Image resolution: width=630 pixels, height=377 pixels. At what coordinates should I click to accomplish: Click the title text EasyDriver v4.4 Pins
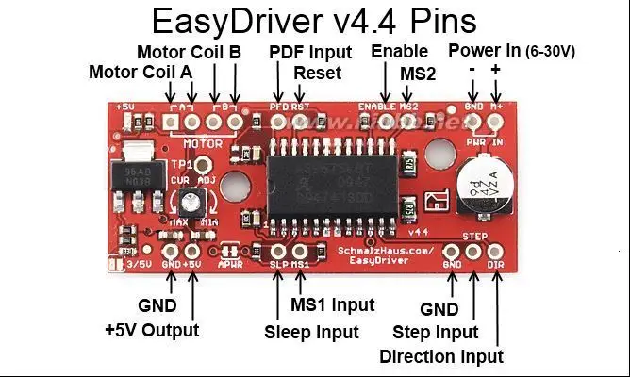[314, 21]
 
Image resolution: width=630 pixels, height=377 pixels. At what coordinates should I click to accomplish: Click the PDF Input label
[310, 52]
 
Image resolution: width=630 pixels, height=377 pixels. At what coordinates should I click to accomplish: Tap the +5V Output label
[152, 330]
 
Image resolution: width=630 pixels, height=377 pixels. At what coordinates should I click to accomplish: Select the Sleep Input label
[311, 332]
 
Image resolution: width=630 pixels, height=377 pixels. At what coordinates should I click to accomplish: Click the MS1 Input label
[332, 304]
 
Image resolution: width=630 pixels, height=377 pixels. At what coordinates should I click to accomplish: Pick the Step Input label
[437, 332]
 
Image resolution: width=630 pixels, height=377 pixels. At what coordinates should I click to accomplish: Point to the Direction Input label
[440, 356]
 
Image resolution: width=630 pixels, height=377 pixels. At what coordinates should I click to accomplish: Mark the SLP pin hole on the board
[278, 252]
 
